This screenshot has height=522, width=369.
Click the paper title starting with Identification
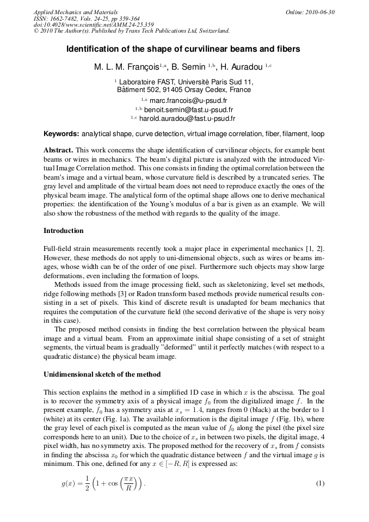[x=183, y=49]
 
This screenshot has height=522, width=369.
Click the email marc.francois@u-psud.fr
[x=188, y=101]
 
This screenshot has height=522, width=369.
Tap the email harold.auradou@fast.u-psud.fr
[x=187, y=118]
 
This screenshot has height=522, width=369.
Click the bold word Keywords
[x=61, y=133]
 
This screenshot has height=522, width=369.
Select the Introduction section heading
[x=64, y=231]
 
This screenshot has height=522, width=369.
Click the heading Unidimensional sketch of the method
[x=102, y=375]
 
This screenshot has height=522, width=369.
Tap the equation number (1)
[x=320, y=483]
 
